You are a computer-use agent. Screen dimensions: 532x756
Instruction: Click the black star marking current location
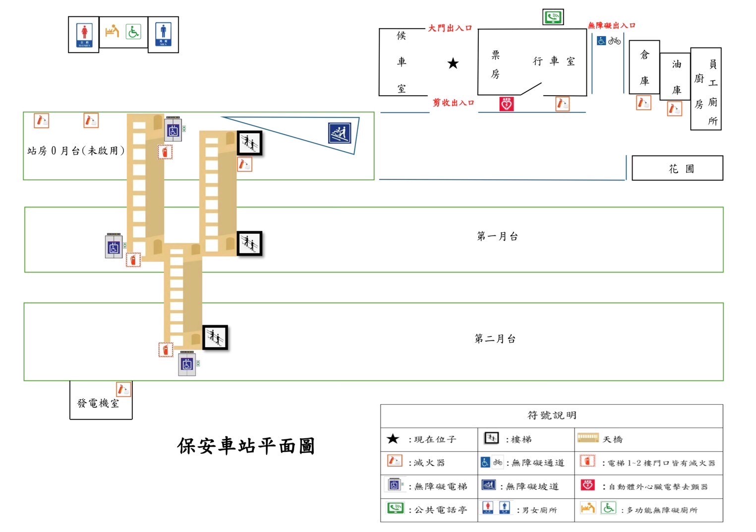(453, 63)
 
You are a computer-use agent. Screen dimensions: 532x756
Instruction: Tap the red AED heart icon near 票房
(506, 104)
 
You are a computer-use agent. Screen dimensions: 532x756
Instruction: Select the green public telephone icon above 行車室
(553, 17)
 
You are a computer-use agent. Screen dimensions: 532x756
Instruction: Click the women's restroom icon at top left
(84, 35)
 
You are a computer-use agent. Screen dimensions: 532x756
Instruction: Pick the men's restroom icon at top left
(163, 34)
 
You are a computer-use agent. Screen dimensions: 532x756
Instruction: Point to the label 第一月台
(497, 236)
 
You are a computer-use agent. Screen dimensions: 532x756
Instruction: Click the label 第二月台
(495, 339)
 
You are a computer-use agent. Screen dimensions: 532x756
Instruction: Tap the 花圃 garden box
(677, 168)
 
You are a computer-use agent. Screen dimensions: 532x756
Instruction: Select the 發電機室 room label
(98, 403)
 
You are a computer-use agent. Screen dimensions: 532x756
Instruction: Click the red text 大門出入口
(450, 28)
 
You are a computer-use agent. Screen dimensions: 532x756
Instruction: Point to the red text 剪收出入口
(453, 103)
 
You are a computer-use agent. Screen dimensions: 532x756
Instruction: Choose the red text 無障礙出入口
(611, 25)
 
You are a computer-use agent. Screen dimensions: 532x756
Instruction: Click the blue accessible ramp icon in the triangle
(340, 133)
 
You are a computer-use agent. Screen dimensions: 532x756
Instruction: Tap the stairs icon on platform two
(215, 338)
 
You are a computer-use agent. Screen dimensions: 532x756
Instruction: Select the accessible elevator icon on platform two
(187, 365)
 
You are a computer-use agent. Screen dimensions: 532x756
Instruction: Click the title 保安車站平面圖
(246, 446)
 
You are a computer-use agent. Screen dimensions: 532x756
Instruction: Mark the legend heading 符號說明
(551, 415)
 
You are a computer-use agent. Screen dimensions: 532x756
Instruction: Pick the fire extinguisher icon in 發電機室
(123, 389)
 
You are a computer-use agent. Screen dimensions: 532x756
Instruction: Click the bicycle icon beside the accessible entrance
(615, 41)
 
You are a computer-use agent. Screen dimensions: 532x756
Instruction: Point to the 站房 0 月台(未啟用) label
(75, 151)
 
